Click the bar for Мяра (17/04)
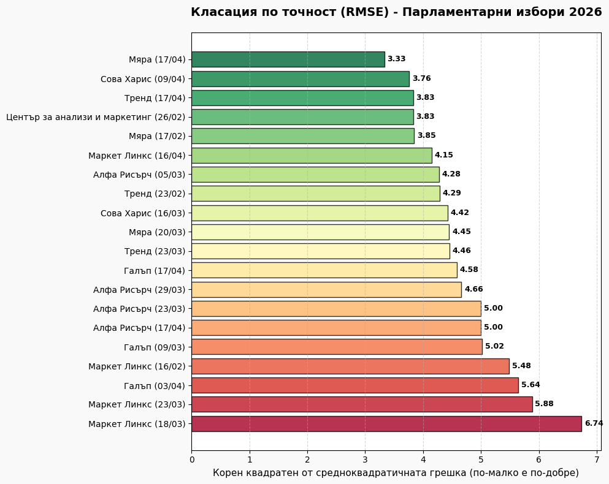pos(288,59)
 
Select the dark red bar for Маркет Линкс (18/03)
pos(386,423)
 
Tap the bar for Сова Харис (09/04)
pos(300,79)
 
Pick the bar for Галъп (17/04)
pos(324,270)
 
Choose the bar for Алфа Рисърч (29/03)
pos(326,289)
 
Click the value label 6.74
pos(594,423)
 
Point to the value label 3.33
pos(396,59)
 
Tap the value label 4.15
pos(444,155)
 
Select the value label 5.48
pos(521,366)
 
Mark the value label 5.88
pos(544,404)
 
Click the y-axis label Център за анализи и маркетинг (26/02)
pos(96,117)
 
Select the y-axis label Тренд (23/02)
pos(155,194)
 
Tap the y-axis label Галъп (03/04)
pos(155,385)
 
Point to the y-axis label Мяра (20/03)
pos(157,232)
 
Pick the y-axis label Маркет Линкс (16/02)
pos(137,366)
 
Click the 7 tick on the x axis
pos(597,459)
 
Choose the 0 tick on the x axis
pos(192,459)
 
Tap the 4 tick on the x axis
pos(423,459)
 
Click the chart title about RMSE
pos(396,12)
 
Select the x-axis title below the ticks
pos(396,473)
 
